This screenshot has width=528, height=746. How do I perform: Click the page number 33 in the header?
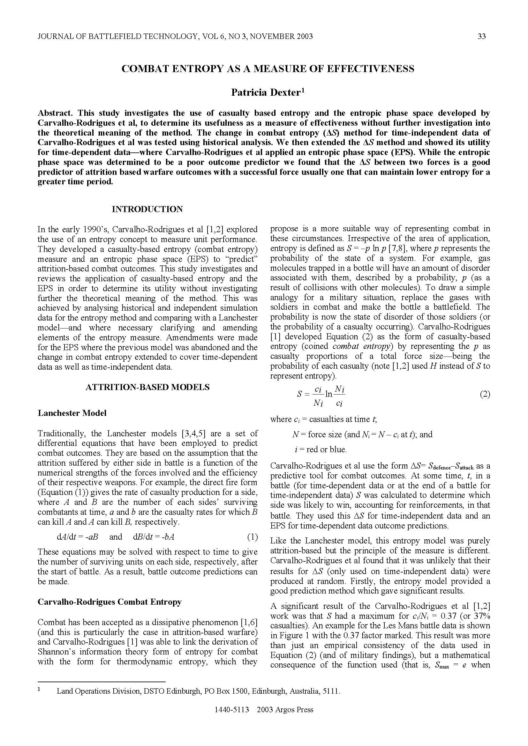point(481,36)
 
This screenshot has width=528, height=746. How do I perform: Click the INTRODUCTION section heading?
point(147,209)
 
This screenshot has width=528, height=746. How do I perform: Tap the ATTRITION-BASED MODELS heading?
point(147,387)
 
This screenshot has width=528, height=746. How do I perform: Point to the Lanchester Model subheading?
point(72,413)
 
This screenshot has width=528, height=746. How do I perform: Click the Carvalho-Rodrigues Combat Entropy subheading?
point(109,602)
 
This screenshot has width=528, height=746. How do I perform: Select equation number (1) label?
point(252,537)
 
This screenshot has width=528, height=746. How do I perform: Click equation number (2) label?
point(485,395)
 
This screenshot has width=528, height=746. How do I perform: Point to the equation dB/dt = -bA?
point(154,537)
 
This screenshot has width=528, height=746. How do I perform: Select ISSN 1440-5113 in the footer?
point(231,719)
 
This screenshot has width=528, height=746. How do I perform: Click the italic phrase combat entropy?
point(361,346)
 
